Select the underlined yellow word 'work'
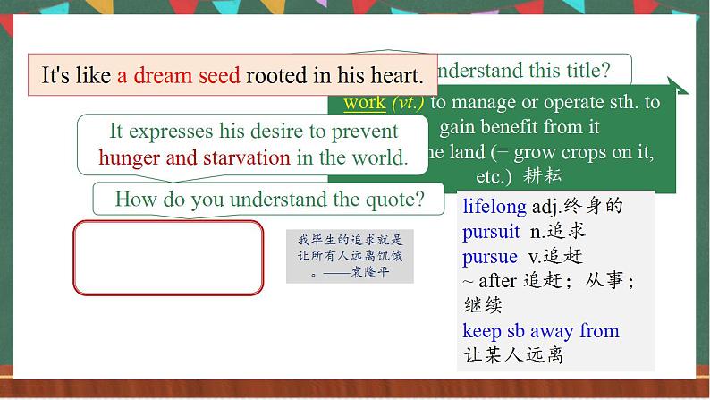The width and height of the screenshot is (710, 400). click(x=364, y=102)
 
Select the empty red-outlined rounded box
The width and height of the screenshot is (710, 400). click(x=168, y=258)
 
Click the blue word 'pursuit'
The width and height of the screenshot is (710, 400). click(x=491, y=232)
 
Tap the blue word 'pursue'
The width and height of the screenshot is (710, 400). click(x=490, y=256)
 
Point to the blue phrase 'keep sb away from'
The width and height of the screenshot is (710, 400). click(x=540, y=331)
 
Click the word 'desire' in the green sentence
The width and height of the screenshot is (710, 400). click(x=315, y=132)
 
